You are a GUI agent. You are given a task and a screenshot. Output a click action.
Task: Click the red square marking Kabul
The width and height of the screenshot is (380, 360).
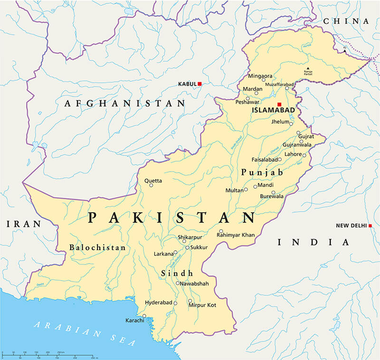(x=200, y=84)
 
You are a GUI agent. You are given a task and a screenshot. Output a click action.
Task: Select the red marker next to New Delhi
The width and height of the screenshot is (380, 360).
(x=370, y=225)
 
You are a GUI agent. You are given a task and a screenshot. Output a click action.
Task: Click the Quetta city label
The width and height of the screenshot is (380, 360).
(x=153, y=181)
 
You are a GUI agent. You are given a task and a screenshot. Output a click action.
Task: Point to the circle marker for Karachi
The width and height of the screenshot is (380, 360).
(x=144, y=316)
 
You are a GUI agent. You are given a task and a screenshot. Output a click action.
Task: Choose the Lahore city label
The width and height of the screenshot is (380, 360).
(x=293, y=154)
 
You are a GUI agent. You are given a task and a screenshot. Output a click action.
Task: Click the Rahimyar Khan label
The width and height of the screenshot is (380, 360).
(x=236, y=235)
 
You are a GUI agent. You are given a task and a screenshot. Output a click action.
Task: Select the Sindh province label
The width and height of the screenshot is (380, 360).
(x=177, y=273)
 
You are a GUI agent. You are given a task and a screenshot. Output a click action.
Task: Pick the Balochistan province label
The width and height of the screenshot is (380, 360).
(x=97, y=248)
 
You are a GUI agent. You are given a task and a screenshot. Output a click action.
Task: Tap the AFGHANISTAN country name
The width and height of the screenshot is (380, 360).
(x=125, y=103)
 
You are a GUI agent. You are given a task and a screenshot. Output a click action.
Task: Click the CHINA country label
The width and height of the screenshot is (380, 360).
(x=346, y=21)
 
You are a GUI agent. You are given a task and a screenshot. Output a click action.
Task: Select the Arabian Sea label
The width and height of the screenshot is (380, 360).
(x=83, y=333)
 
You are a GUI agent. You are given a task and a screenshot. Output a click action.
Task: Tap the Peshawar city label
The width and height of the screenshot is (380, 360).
(x=247, y=102)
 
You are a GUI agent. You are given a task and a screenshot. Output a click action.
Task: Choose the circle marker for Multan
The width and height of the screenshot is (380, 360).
(x=246, y=189)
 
